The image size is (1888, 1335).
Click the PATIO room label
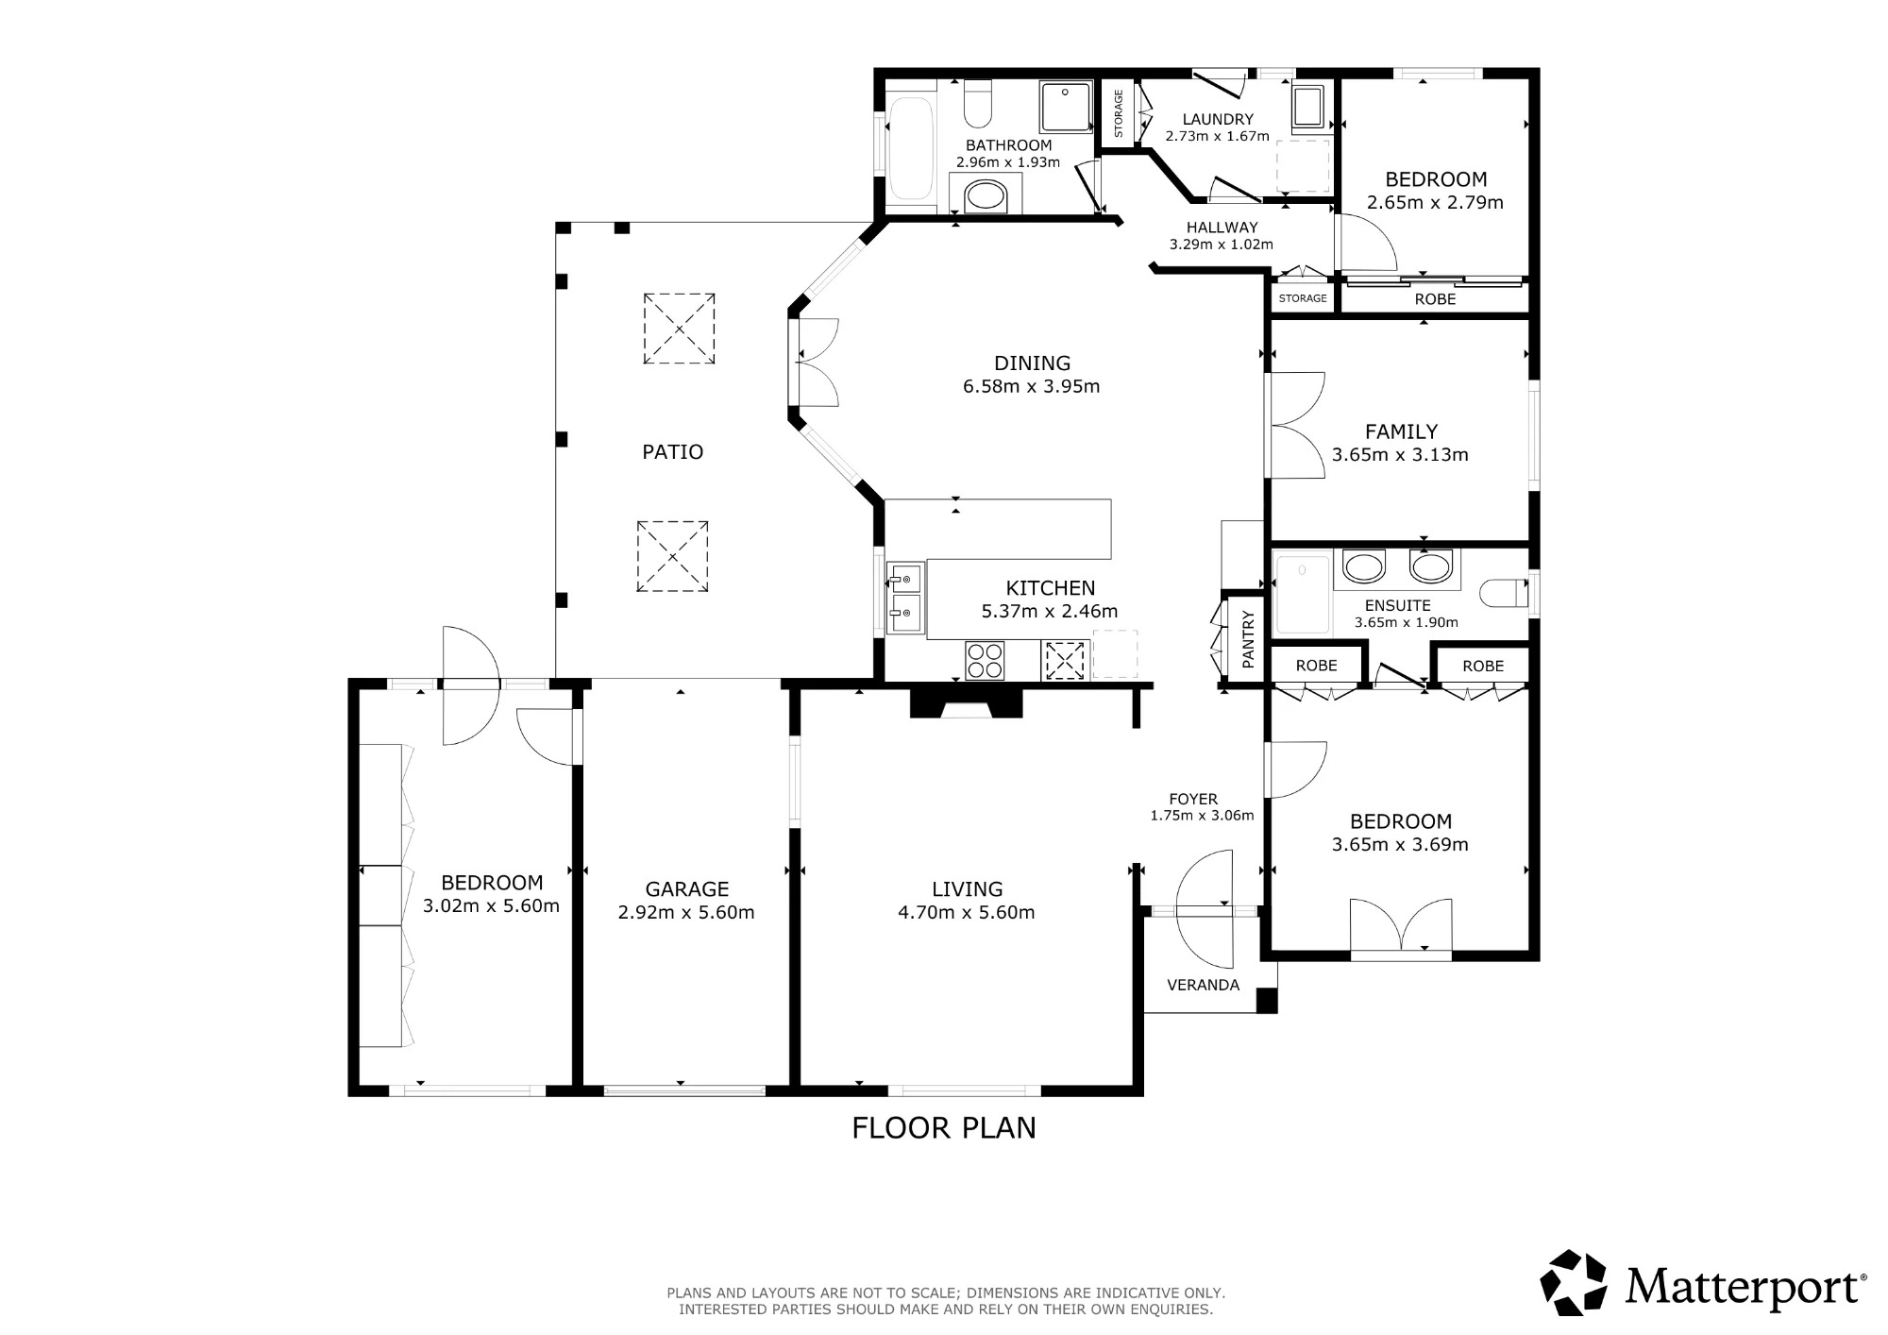pyautogui.click(x=672, y=452)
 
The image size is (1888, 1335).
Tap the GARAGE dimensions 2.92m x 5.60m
pyautogui.click(x=686, y=913)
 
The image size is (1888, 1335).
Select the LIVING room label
pyautogui.click(x=967, y=889)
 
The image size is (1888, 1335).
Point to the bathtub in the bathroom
pyautogui.click(x=911, y=148)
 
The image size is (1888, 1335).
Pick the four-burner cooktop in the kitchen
pyautogui.click(x=985, y=660)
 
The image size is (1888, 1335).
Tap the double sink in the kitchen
pyautogui.click(x=905, y=599)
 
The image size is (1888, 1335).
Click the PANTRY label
pyautogui.click(x=1248, y=640)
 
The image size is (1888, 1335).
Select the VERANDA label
pyautogui.click(x=1203, y=986)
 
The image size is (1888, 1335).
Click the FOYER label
pyautogui.click(x=1193, y=799)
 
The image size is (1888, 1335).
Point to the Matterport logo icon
pyautogui.click(x=1574, y=1282)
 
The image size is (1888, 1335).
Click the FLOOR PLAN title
pyautogui.click(x=944, y=1128)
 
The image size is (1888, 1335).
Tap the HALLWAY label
pyautogui.click(x=1222, y=228)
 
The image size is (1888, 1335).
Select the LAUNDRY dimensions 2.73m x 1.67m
pyautogui.click(x=1217, y=136)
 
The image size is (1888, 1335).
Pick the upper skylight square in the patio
pyautogui.click(x=679, y=329)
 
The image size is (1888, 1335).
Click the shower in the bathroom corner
pyautogui.click(x=1066, y=107)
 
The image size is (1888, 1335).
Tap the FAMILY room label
pyautogui.click(x=1401, y=432)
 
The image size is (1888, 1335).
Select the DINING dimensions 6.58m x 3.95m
pyautogui.click(x=1031, y=386)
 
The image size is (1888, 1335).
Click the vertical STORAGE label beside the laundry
pyautogui.click(x=1119, y=113)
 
